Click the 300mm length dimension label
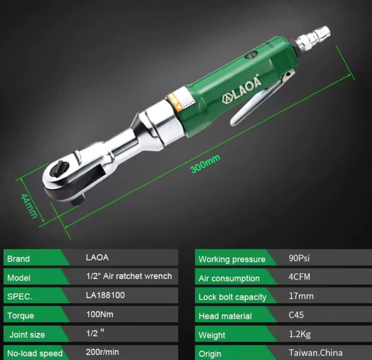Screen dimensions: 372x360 click(x=205, y=164)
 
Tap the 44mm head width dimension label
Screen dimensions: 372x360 click(x=29, y=206)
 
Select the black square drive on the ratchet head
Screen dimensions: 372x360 click(x=78, y=201)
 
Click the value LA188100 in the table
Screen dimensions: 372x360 click(x=105, y=295)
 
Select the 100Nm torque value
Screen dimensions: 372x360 click(x=100, y=314)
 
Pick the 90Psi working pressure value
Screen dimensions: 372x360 click(x=299, y=258)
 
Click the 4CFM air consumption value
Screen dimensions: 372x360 click(x=299, y=277)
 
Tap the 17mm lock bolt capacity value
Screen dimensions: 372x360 click(x=301, y=296)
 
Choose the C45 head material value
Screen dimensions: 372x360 click(x=296, y=315)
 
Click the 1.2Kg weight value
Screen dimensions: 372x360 click(x=300, y=334)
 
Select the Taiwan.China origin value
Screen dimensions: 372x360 click(x=315, y=353)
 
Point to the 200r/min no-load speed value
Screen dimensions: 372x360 click(x=102, y=352)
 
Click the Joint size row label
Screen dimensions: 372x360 click(x=27, y=334)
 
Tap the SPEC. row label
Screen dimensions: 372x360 click(x=20, y=296)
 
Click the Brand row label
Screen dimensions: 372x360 click(x=19, y=259)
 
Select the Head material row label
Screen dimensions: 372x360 click(x=225, y=316)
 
